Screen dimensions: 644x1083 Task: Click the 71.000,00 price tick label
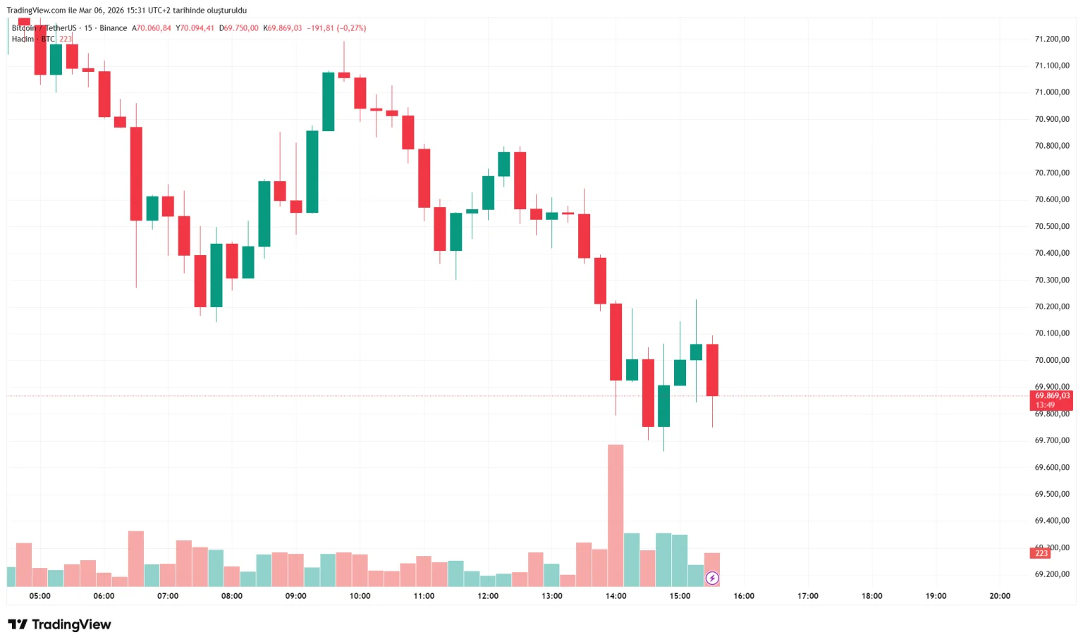1051,92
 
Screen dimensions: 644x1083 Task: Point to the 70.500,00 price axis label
1051,226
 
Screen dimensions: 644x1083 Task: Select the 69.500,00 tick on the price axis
1051,494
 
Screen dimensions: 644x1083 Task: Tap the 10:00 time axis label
360,596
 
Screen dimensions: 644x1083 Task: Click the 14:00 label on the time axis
616,596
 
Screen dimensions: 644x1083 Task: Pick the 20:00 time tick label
999,596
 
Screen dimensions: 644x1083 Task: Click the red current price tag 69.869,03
1051,396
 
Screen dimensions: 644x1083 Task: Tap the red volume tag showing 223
1041,554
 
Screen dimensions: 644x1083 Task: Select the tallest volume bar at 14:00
616,514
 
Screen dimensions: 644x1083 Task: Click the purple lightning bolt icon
712,578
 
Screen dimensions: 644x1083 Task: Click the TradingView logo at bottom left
59,624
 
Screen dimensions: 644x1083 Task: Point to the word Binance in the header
113,28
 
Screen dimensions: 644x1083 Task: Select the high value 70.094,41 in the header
197,28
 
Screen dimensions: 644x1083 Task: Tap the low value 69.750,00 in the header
240,28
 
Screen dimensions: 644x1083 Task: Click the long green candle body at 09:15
312,171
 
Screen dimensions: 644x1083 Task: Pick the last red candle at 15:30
712,370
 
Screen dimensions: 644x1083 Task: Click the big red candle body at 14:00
616,342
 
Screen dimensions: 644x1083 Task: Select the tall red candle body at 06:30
136,173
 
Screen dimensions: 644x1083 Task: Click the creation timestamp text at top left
127,11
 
